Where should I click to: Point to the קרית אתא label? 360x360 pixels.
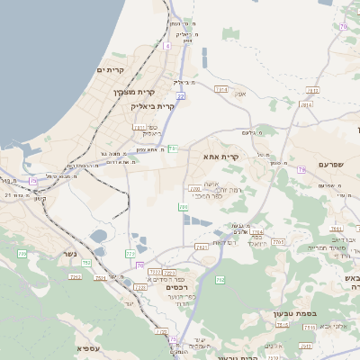[221, 157]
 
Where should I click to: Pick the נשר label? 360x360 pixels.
[69, 253]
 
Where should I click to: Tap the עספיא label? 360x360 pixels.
[87, 348]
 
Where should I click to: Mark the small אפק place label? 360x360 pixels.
[240, 94]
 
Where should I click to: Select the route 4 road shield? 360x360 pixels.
[167, 45]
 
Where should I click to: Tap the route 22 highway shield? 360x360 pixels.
[181, 95]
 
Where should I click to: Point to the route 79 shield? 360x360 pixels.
[343, 26]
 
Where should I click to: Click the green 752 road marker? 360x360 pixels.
[86, 263]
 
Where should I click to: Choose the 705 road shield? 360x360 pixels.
[183, 208]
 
